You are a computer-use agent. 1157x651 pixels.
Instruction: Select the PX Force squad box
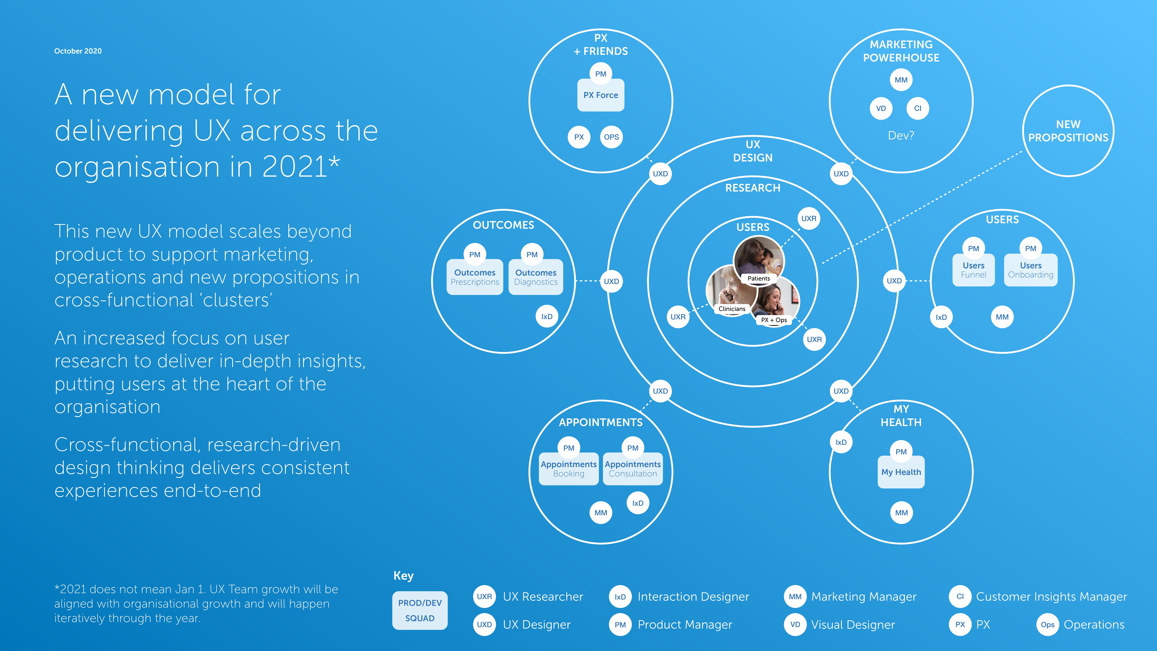click(600, 95)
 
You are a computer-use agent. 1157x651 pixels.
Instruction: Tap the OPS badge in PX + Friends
click(611, 137)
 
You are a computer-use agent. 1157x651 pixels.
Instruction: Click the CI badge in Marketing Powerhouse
click(918, 108)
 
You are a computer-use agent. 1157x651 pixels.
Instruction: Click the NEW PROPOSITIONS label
click(1068, 131)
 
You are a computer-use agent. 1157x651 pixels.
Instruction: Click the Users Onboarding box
click(1030, 270)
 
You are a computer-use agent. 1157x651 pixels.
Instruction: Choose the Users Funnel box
click(973, 270)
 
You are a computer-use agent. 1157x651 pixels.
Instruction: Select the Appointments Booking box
click(569, 469)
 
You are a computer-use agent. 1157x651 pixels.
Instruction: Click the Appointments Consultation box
click(632, 469)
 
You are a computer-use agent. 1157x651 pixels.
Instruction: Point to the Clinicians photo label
click(732, 309)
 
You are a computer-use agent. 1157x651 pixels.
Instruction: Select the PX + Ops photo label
click(773, 320)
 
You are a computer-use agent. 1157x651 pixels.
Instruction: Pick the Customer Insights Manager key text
click(1051, 597)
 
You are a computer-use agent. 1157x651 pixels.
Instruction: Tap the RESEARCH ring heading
click(753, 188)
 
